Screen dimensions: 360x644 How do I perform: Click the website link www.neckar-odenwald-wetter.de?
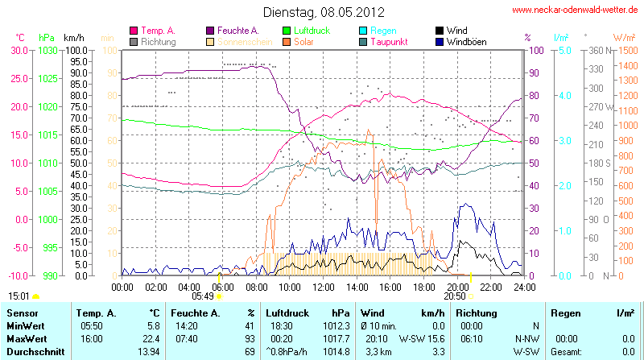coord(576,10)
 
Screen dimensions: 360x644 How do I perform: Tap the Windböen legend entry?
coord(466,41)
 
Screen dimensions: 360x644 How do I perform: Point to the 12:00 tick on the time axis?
coord(323,286)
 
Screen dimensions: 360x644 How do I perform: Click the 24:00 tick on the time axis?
coord(524,286)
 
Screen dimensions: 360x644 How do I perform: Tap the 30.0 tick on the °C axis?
coord(18,50)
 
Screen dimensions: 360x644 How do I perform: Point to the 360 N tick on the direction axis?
coord(597,50)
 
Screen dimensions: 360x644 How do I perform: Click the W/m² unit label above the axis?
coord(622,38)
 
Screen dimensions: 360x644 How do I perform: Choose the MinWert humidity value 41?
coord(250,326)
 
